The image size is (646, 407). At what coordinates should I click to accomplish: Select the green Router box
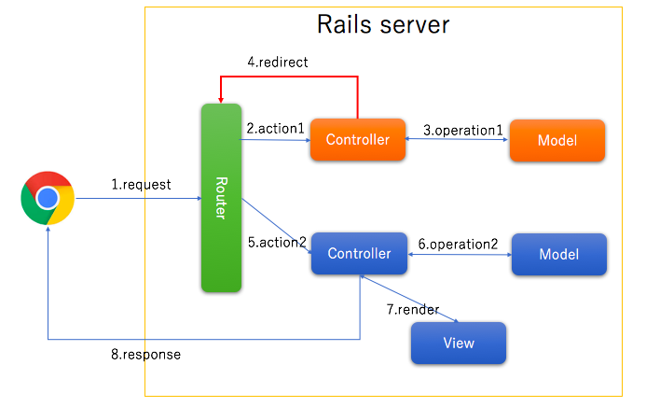221,197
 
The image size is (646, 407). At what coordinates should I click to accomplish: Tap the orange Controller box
357,140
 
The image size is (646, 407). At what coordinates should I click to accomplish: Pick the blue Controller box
359,254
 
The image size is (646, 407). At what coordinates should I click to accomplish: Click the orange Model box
557,140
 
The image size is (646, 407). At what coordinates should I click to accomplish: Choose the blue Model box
558,254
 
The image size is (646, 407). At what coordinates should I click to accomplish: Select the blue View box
459,343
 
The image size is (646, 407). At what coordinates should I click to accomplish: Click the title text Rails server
383,24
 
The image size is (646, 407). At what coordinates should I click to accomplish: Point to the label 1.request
142,185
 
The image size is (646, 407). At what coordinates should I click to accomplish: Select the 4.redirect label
278,62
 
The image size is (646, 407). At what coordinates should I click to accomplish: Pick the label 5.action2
277,242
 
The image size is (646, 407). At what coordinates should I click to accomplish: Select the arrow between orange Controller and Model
457,141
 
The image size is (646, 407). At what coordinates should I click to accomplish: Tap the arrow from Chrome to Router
140,199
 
